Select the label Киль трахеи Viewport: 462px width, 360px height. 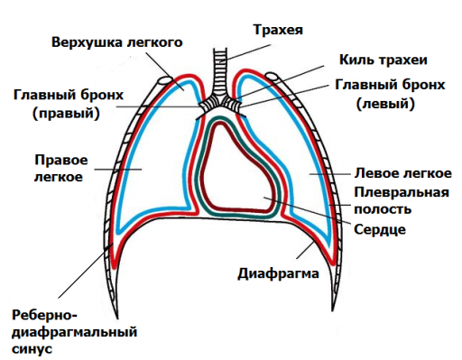click(382, 60)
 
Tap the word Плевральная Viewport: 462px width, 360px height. click(402, 192)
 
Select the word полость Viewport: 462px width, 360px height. click(383, 209)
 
